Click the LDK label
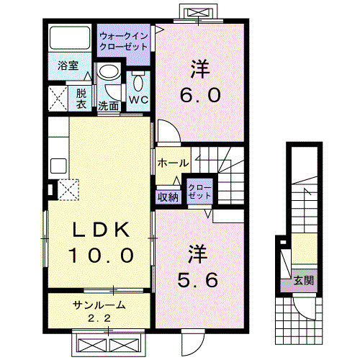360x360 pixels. point(101,230)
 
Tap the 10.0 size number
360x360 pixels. point(101,255)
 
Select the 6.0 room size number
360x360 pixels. point(200,94)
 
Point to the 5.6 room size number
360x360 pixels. point(198,280)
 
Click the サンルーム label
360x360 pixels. point(99,305)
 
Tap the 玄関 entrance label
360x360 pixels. point(304,280)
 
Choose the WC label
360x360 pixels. point(138,99)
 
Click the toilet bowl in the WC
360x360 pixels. point(138,81)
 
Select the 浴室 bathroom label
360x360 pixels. point(68,66)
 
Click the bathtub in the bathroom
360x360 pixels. point(70,37)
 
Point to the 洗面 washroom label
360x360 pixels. point(109,106)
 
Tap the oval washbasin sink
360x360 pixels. point(109,72)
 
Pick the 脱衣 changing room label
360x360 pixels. point(81,99)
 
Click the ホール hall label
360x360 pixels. point(173,163)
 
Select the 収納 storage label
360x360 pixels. point(168,197)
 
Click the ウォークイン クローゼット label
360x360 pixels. point(123,41)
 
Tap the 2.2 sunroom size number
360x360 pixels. point(99,318)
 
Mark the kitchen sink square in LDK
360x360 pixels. point(58,166)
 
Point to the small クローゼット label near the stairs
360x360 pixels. point(200,192)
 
